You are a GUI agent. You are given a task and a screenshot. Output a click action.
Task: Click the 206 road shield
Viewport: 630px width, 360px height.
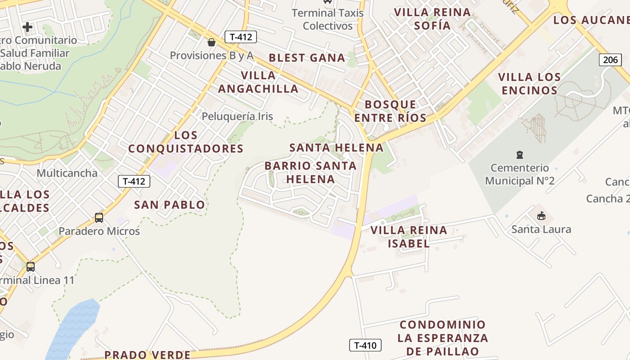[x=610, y=60]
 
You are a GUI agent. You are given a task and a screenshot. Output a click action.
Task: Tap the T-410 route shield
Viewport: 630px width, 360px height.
[x=365, y=345]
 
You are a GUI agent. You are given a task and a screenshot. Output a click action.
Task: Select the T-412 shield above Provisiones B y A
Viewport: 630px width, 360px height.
[x=240, y=37]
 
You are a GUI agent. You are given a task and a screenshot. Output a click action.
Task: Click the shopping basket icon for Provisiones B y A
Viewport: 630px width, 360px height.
[x=211, y=43]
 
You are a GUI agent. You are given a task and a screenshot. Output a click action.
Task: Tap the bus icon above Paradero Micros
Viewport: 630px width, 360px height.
[x=99, y=218]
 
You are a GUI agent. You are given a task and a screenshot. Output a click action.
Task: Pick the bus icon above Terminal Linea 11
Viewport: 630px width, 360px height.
[x=30, y=266]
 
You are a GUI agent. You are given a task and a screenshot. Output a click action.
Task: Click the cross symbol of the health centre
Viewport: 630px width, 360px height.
[x=27, y=27]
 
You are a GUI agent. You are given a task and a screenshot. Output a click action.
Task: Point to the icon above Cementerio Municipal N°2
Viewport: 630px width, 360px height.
[x=520, y=155]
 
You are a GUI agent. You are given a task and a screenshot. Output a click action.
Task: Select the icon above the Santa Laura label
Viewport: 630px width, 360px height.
[x=541, y=216]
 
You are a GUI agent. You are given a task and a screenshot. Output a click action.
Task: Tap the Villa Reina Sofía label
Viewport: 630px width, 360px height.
[x=432, y=19]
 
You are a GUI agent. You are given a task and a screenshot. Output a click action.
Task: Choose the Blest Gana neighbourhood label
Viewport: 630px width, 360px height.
[x=307, y=58]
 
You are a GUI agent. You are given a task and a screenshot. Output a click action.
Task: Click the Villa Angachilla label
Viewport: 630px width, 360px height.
[x=258, y=82]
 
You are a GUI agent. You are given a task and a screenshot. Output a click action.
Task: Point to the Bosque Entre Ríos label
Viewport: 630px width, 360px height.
[x=390, y=111]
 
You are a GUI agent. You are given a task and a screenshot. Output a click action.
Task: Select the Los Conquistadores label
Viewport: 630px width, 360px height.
[x=186, y=142]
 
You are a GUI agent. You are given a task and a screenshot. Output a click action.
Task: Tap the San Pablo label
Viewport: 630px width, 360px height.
[x=170, y=205]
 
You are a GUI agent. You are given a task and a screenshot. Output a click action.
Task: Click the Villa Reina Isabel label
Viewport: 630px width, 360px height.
[x=409, y=237]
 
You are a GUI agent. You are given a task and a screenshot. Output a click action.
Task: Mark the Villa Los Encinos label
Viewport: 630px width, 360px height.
[x=530, y=84]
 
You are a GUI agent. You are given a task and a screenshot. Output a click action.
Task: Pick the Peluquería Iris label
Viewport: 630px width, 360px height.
[x=237, y=116]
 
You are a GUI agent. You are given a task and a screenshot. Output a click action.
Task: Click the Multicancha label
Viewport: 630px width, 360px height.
[x=67, y=173]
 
